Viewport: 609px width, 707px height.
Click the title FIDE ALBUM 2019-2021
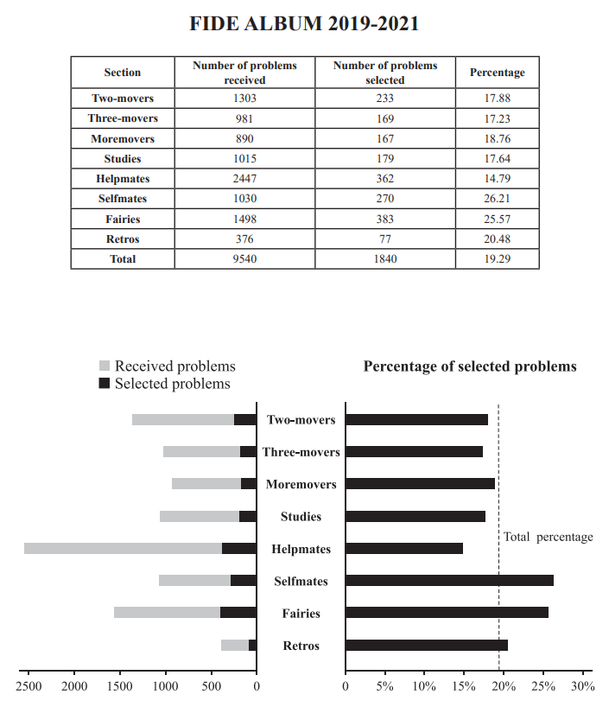[x=304, y=23]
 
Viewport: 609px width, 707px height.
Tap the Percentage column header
[x=497, y=73]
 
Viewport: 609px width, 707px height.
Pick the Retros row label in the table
[x=122, y=239]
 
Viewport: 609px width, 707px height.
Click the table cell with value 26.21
[x=497, y=200]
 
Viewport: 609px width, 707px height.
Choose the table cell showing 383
[x=385, y=220]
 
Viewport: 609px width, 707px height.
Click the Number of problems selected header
[x=385, y=73]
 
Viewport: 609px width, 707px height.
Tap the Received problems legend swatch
[x=105, y=366]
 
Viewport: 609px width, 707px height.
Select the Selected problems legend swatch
[x=105, y=384]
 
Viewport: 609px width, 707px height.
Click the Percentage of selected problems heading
[x=469, y=366]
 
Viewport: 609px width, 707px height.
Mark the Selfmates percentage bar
[x=449, y=581]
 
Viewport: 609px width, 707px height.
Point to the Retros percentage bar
[x=427, y=645]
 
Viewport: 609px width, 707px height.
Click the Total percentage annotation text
[x=548, y=537]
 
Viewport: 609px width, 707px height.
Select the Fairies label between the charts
[x=301, y=614]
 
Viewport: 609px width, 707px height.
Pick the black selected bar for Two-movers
[x=244, y=419]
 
